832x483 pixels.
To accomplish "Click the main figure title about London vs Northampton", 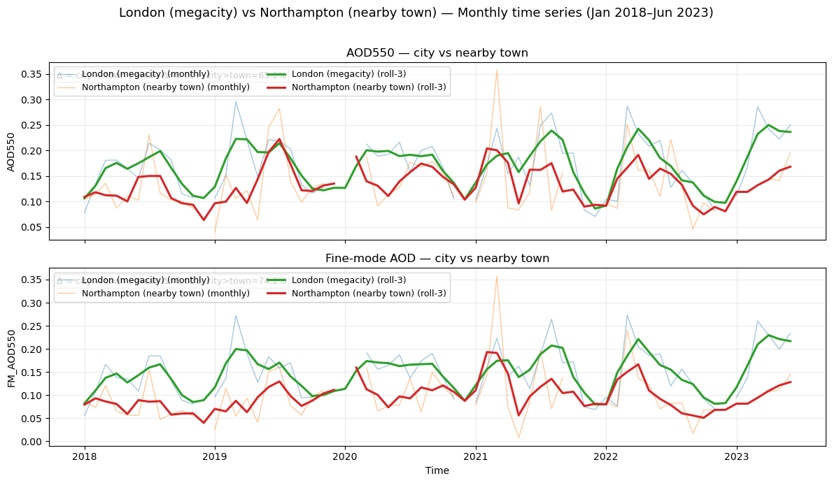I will coord(416,13).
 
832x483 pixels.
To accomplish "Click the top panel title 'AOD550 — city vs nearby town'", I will coord(437,53).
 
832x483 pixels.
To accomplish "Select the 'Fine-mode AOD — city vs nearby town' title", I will coord(437,259).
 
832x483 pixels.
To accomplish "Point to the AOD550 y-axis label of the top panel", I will coord(12,151).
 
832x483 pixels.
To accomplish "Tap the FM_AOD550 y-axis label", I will coord(12,356).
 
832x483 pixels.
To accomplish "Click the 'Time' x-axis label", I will coord(437,470).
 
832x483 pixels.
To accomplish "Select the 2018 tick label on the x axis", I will coord(85,456).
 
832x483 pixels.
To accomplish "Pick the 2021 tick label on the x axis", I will coord(476,456).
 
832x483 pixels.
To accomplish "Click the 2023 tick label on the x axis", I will coord(736,456).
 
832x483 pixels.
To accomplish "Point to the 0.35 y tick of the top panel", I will coord(31,74).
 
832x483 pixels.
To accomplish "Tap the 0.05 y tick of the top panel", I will coord(31,227).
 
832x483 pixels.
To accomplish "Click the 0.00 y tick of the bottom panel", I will coord(31,442).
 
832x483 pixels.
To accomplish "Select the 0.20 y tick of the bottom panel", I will coord(31,349).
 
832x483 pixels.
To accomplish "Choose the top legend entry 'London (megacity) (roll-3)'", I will coord(348,74).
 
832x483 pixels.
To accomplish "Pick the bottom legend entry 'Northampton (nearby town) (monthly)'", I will coord(165,294).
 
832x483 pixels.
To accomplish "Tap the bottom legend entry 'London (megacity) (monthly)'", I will coord(146,280).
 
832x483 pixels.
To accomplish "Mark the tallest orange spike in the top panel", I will coord(497,70).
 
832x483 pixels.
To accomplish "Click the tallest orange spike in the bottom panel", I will coord(497,276).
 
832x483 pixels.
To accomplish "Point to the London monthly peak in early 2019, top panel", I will coord(236,101).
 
